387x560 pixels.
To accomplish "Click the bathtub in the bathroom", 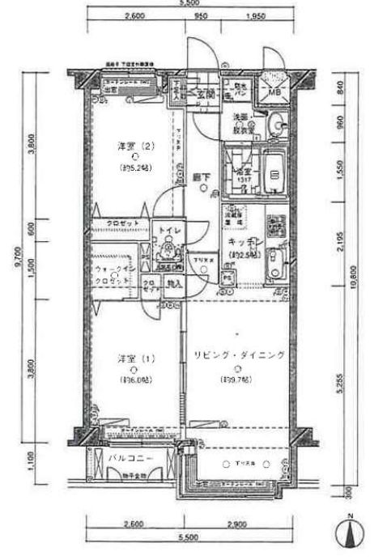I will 274,173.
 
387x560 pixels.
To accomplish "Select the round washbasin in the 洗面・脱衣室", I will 276,124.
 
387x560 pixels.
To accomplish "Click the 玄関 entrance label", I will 205,93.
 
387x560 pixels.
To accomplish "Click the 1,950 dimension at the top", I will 255,15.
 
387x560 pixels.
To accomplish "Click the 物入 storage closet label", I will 174,284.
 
